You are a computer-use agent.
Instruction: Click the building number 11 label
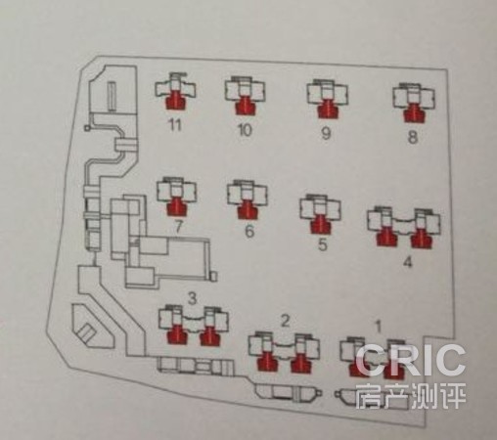tap(175, 124)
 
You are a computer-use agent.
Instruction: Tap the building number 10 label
tap(245, 130)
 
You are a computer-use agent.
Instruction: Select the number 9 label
tap(326, 133)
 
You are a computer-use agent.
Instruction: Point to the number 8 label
tap(413, 137)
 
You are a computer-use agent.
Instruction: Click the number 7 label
tap(178, 227)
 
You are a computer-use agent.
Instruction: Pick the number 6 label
tap(249, 231)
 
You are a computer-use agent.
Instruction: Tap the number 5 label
tap(322, 244)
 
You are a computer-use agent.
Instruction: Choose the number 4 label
tap(408, 261)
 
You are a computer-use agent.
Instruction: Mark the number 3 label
tap(193, 298)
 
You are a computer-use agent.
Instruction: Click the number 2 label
tap(286, 321)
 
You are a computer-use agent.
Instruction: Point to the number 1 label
tap(379, 327)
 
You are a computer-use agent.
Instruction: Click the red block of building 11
tap(175, 100)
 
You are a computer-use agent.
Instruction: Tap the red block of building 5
tap(320, 224)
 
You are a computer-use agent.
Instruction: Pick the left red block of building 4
tap(386, 236)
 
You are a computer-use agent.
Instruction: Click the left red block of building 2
tap(267, 361)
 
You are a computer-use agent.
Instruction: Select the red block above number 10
tap(245, 105)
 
